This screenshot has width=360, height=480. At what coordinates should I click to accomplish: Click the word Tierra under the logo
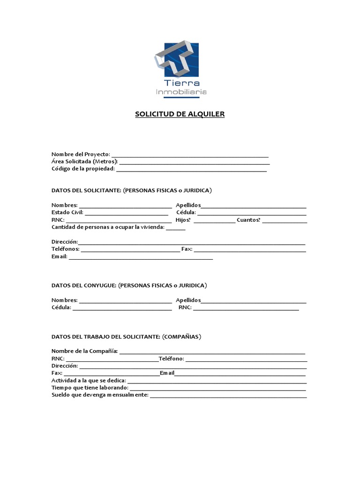[180, 83]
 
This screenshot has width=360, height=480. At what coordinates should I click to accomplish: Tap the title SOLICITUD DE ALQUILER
[180, 114]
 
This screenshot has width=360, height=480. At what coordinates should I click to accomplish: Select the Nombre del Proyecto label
[81, 154]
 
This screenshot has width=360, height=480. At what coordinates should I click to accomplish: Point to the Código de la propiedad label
[83, 169]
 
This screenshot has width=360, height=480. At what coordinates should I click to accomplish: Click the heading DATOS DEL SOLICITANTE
[86, 190]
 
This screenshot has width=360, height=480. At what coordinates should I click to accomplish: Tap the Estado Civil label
[67, 212]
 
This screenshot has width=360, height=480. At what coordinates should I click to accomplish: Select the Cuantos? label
[248, 220]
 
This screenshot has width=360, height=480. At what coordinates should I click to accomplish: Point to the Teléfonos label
[65, 249]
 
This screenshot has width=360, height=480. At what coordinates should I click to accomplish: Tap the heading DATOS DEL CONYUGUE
[84, 285]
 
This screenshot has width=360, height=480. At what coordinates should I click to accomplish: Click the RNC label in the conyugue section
[185, 307]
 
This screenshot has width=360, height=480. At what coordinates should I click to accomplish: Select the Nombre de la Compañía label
[84, 351]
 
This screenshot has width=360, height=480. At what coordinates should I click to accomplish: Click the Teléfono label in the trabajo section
[172, 359]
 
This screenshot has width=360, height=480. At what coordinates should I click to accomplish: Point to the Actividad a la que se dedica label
[89, 380]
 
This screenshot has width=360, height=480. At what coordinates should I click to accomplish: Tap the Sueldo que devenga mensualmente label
[99, 395]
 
